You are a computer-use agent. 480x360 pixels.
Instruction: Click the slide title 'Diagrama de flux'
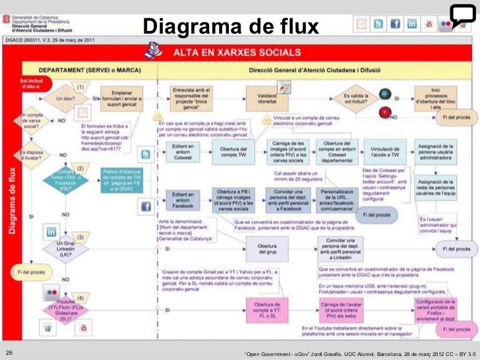[230, 26]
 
